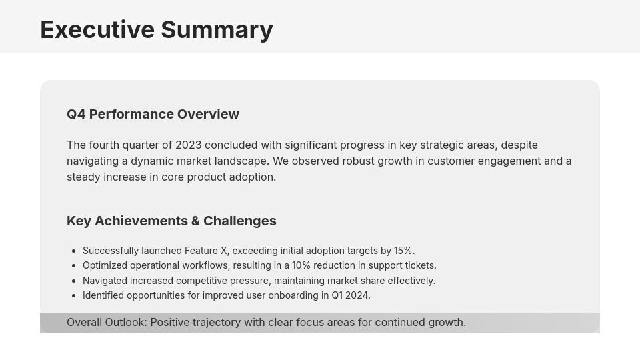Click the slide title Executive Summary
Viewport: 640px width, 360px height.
point(156,30)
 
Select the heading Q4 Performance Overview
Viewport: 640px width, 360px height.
point(153,114)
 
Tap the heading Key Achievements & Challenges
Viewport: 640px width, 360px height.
point(171,221)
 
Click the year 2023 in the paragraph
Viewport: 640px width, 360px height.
point(188,145)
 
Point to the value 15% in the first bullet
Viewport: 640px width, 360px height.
point(403,251)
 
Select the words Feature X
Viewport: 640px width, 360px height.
point(205,251)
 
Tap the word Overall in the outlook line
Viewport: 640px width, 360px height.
point(84,322)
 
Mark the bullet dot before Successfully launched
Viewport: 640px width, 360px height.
point(73,251)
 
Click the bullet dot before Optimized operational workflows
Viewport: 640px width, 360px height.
point(73,266)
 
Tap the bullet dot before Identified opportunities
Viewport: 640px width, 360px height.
point(73,296)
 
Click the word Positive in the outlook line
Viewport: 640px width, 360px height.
point(171,322)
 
